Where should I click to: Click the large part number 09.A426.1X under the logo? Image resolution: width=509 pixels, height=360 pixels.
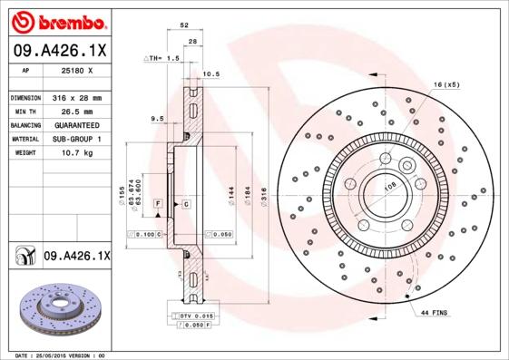(60, 50)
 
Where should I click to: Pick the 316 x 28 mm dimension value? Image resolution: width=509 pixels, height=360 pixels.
(76, 97)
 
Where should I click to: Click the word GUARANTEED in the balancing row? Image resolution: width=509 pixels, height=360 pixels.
(76, 124)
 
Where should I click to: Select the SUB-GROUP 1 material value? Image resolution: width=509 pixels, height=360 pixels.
(76, 139)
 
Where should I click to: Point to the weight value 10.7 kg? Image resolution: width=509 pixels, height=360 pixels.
(72, 153)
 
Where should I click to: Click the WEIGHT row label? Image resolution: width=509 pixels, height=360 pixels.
(24, 153)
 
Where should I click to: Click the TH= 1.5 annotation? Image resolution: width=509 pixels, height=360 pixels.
(164, 58)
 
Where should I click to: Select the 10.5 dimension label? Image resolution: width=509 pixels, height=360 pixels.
(211, 73)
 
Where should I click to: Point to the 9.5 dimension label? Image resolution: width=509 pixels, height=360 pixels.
(156, 118)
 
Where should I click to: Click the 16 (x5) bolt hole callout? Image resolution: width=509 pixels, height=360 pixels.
(446, 84)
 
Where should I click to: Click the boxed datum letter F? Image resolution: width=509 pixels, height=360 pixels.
(157, 204)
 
